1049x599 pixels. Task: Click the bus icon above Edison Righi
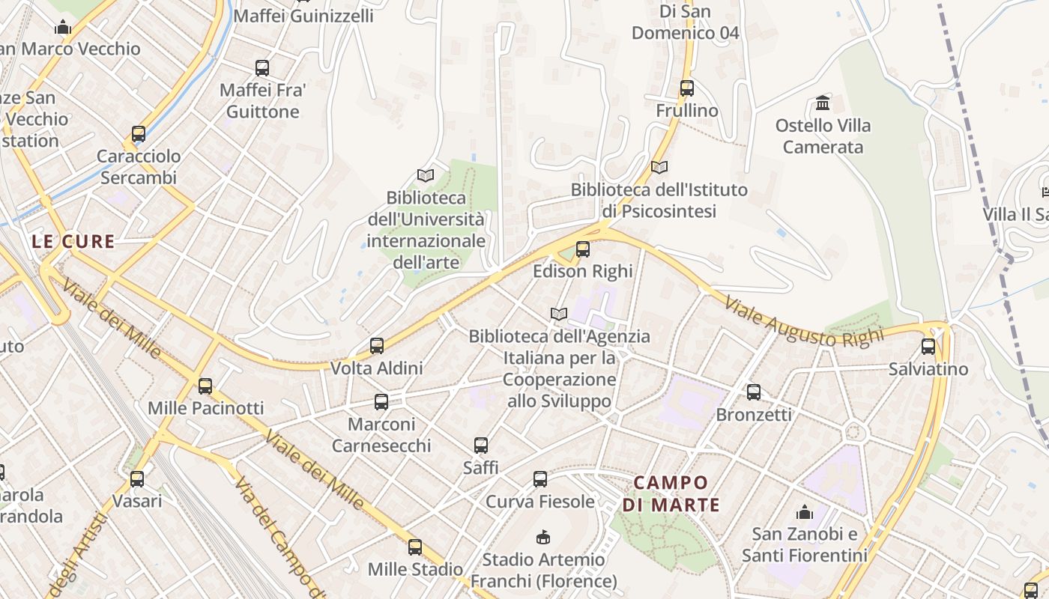pos(582,249)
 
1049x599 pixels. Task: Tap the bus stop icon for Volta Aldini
pos(377,346)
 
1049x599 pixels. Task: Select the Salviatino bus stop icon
pos(928,347)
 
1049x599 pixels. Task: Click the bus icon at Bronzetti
pos(754,392)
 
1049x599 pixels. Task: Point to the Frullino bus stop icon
pos(687,88)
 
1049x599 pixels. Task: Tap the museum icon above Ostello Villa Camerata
pos(823,103)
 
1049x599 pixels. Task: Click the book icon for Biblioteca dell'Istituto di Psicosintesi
pos(659,167)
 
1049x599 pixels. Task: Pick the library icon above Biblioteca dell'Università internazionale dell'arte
pos(426,175)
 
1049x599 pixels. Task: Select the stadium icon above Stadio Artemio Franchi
pos(543,537)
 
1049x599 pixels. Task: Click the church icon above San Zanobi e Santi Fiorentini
pos(805,512)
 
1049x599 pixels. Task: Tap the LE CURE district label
pos(73,242)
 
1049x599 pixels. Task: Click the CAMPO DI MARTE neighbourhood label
pos(671,493)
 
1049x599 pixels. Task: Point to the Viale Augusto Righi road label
pos(804,319)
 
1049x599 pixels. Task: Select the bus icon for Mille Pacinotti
pos(205,386)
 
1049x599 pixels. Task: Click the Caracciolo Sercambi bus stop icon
pos(139,134)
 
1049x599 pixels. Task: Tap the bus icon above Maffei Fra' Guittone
pos(262,68)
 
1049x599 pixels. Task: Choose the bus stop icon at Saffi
pos(481,446)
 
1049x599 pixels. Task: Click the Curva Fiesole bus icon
pos(540,479)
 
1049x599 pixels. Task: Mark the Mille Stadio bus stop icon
pos(415,547)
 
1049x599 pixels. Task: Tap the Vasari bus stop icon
pos(137,478)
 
